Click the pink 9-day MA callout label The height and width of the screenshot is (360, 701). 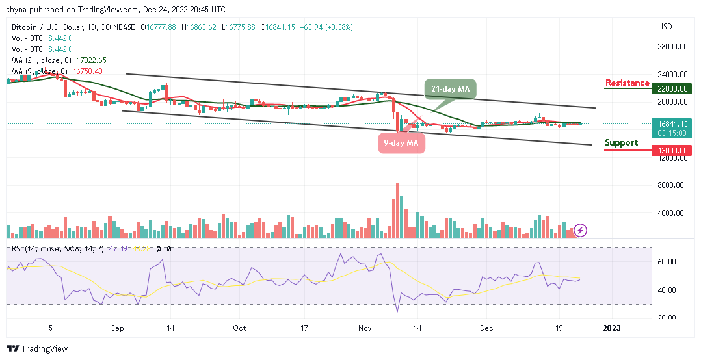pos(401,143)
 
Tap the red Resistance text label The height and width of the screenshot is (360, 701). pos(627,83)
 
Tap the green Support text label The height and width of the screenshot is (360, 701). pos(621,143)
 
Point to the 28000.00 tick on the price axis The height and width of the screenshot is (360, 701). pos(672,47)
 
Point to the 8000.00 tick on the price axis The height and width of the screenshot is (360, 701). pos(672,185)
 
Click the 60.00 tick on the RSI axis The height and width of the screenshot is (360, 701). pos(667,262)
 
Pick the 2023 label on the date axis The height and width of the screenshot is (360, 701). pos(612,328)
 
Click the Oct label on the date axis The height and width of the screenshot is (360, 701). pos(239,328)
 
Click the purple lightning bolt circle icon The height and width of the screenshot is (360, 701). pos(581,230)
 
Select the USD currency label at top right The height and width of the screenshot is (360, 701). pos(665,27)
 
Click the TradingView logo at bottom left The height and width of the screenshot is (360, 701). pos(38,349)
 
